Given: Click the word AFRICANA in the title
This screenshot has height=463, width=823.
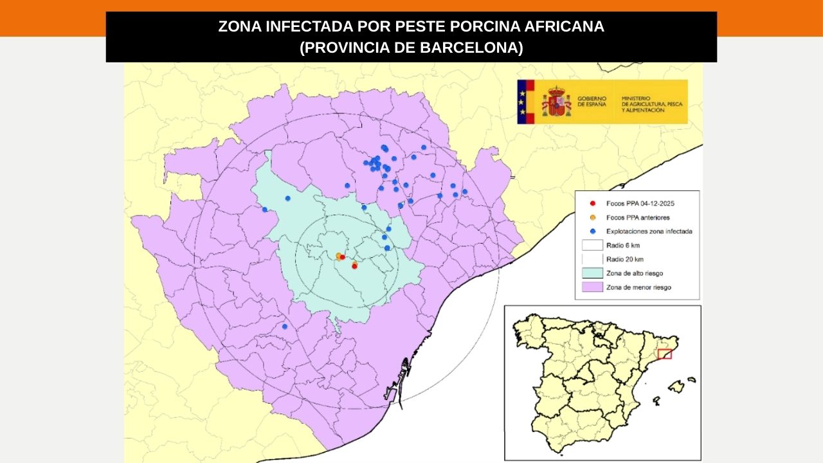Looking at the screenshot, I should pyautogui.click(x=565, y=27).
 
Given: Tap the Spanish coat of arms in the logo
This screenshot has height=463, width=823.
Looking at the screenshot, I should pyautogui.click(x=556, y=102).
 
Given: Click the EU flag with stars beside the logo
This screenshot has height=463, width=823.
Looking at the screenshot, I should pyautogui.click(x=525, y=102).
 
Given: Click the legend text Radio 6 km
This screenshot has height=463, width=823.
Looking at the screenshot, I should pyautogui.click(x=622, y=245).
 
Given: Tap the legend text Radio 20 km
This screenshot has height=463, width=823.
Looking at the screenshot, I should pyautogui.click(x=624, y=259).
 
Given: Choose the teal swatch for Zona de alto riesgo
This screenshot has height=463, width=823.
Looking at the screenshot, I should pyautogui.click(x=592, y=273).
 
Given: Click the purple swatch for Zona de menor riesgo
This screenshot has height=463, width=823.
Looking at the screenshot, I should pyautogui.click(x=592, y=287).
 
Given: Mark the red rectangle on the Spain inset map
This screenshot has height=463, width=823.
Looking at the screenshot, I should pyautogui.click(x=665, y=354).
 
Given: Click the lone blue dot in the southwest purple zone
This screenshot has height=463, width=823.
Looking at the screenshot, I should pyautogui.click(x=284, y=327).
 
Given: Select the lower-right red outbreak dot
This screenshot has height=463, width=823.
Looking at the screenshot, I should pyautogui.click(x=354, y=266).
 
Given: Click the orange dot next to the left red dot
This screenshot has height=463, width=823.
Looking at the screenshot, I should pyautogui.click(x=338, y=255).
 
